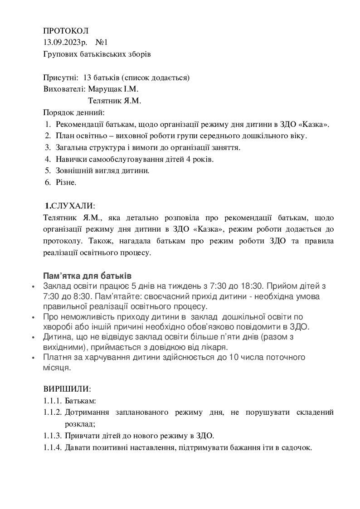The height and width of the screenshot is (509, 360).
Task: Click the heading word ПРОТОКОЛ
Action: [x=66, y=31]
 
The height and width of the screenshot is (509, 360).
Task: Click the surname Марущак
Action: [x=106, y=89]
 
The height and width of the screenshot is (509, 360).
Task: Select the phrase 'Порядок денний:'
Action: [x=73, y=112]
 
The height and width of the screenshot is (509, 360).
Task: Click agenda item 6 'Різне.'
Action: [x=66, y=182]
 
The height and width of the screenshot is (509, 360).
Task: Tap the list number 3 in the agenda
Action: [x=48, y=147]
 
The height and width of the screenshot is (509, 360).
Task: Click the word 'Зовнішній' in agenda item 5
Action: [x=74, y=170]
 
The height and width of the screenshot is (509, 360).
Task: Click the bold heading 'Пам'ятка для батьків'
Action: [x=87, y=276]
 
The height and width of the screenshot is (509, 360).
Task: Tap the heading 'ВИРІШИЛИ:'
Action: [x=67, y=389]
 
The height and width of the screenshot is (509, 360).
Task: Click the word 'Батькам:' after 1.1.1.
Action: [x=80, y=401]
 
